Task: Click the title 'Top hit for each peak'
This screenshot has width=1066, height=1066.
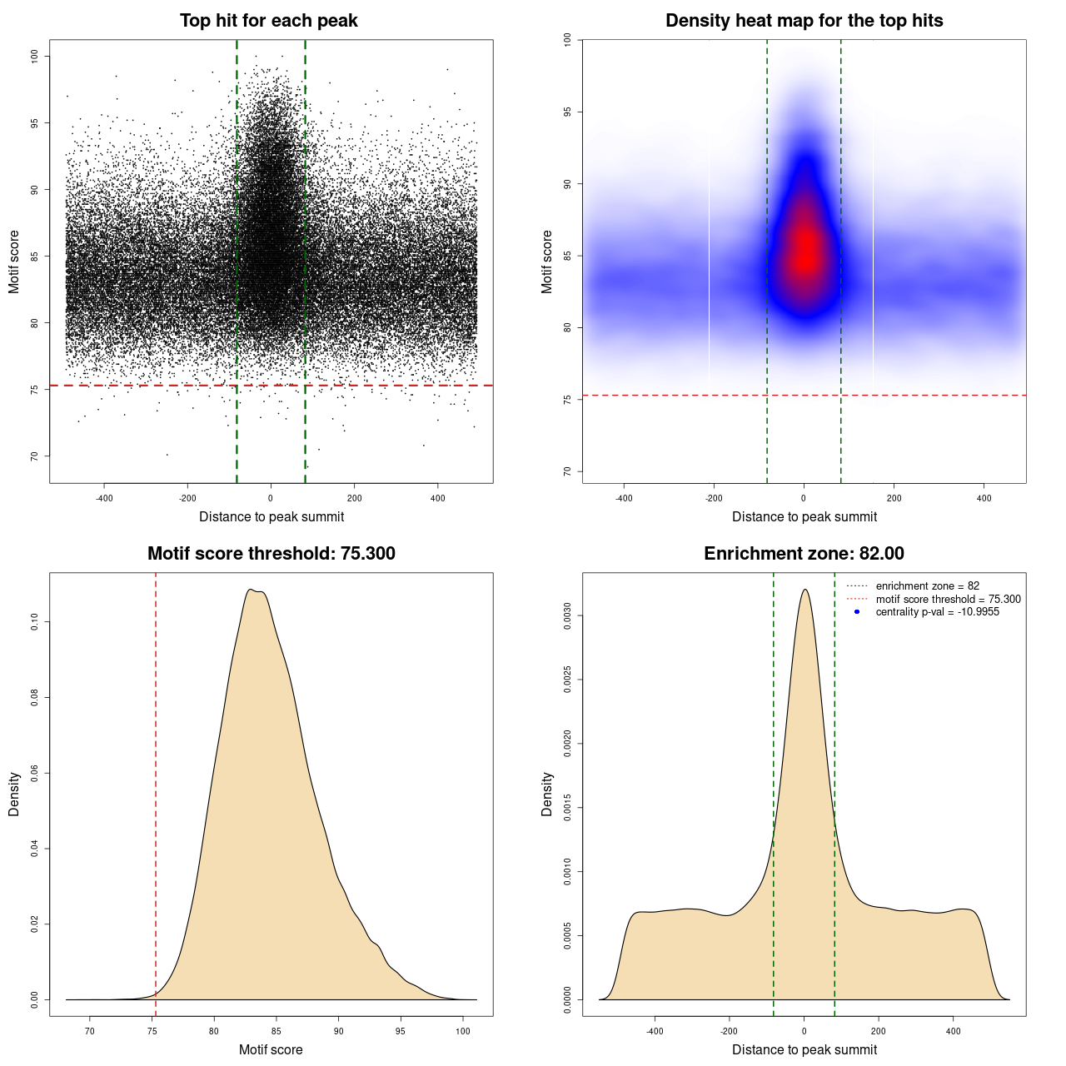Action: pyautogui.click(x=268, y=21)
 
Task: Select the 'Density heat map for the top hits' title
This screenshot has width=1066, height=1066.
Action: pyautogui.click(x=804, y=21)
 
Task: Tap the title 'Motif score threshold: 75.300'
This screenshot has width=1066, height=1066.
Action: pyautogui.click(x=271, y=554)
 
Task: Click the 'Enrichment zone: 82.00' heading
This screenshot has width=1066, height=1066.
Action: pyautogui.click(x=804, y=554)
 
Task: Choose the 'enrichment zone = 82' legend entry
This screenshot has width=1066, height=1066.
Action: pyautogui.click(x=927, y=586)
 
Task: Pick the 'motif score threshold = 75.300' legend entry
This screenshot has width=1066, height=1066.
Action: pyautogui.click(x=948, y=599)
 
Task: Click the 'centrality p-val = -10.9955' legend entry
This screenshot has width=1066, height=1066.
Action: pyautogui.click(x=937, y=612)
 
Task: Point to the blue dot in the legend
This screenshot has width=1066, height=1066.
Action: pyautogui.click(x=857, y=612)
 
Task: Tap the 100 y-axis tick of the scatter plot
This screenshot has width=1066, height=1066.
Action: pyautogui.click(x=34, y=56)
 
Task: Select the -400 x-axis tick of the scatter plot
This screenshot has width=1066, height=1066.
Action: pyautogui.click(x=104, y=498)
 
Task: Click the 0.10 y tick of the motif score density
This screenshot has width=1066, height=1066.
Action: pyautogui.click(x=34, y=622)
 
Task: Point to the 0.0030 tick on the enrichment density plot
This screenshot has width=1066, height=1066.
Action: pyautogui.click(x=567, y=616)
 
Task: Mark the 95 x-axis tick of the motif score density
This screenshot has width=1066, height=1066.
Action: pyautogui.click(x=401, y=1031)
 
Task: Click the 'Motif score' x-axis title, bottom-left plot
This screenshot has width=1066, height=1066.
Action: pyautogui.click(x=271, y=1049)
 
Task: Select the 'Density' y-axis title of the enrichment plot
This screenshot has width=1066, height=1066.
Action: pyautogui.click(x=547, y=794)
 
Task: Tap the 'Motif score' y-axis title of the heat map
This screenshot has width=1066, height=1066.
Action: pyautogui.click(x=547, y=262)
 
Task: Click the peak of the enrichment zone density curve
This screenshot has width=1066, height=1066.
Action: pyautogui.click(x=804, y=590)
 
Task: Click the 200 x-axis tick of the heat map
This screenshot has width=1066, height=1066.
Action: pyautogui.click(x=894, y=498)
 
